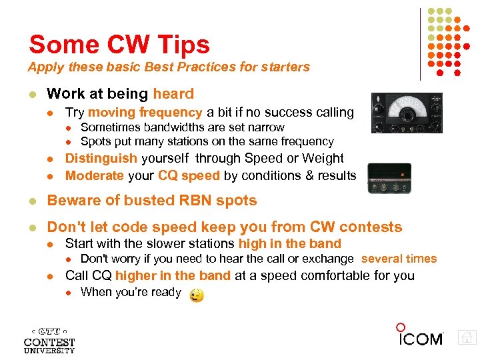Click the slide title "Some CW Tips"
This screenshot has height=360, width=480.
coord(119,45)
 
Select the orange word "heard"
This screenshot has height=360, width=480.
coord(173,94)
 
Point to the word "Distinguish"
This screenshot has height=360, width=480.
coord(101,159)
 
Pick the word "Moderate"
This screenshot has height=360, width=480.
coord(95,175)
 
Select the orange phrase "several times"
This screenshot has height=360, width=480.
coord(399,259)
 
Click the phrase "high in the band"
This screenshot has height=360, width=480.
coord(289,243)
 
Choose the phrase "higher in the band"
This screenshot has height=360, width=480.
coord(173,275)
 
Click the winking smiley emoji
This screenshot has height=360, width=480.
coord(197,295)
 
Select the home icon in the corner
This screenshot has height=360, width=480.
coord(467,338)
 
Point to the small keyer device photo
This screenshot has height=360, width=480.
coord(389,178)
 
